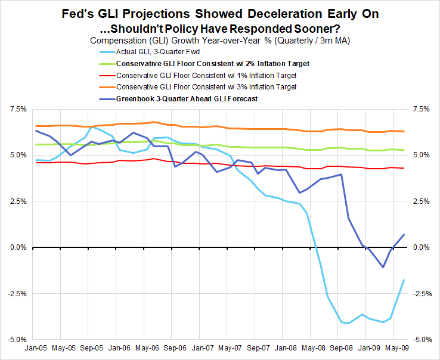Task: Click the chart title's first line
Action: point(219,13)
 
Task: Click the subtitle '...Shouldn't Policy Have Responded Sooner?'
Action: point(219,27)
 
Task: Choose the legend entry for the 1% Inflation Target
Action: point(206,76)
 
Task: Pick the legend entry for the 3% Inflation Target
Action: point(206,87)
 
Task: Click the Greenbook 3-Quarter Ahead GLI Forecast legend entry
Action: point(187,99)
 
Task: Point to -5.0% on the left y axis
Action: point(17,339)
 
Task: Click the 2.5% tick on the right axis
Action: point(421,201)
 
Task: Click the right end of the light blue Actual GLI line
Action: point(404,280)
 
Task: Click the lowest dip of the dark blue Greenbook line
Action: point(383,267)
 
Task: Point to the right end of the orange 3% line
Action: point(404,131)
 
